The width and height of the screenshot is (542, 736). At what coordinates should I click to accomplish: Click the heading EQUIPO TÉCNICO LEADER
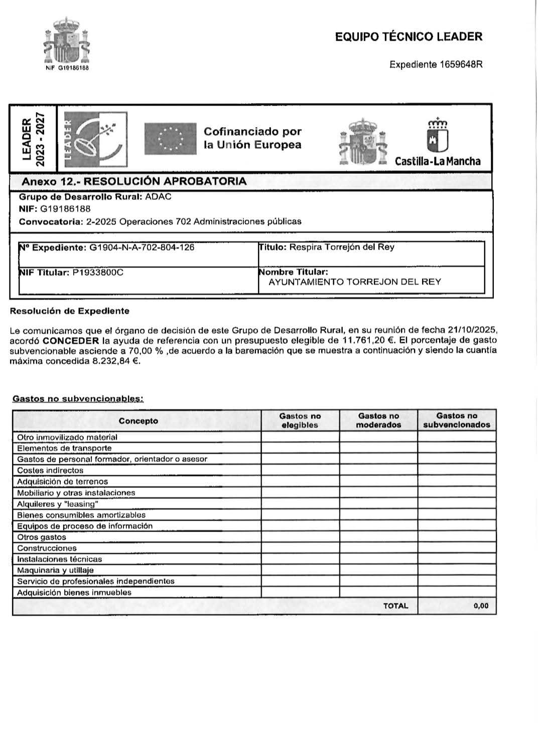click(x=409, y=37)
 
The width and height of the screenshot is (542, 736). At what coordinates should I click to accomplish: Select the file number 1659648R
click(x=461, y=64)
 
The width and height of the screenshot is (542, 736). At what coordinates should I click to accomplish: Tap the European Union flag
click(x=170, y=139)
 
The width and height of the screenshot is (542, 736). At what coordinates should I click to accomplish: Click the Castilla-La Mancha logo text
click(x=438, y=161)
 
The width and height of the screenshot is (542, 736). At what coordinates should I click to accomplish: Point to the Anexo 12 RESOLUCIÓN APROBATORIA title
click(x=134, y=181)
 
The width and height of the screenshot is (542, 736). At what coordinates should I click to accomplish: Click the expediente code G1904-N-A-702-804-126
click(x=142, y=247)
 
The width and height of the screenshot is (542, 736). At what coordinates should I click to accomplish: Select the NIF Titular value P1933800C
click(x=98, y=272)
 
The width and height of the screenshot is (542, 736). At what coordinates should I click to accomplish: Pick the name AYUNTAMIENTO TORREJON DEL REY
click(x=355, y=282)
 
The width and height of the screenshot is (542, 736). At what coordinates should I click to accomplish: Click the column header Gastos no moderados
click(x=378, y=420)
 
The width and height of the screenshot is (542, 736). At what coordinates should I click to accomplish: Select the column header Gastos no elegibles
click(x=300, y=420)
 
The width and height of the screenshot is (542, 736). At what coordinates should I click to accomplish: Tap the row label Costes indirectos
click(x=50, y=471)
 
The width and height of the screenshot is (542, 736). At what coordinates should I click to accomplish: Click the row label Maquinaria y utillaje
click(x=55, y=570)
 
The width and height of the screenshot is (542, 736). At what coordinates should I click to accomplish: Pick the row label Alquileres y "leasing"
click(x=57, y=504)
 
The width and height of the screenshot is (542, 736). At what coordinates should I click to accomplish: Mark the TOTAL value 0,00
click(x=480, y=606)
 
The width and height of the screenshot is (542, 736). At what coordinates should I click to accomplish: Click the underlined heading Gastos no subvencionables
click(x=78, y=399)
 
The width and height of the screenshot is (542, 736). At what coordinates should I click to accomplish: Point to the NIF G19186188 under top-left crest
click(x=67, y=68)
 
